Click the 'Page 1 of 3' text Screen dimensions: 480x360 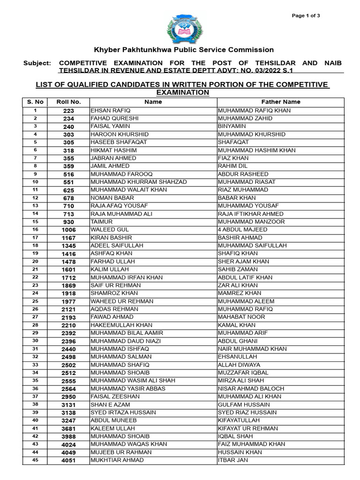click(306, 16)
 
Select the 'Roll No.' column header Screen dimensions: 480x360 click(69, 102)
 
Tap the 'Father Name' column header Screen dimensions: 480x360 click(281, 102)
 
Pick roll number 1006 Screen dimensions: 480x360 click(69, 230)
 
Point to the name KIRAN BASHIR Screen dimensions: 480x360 click(108, 238)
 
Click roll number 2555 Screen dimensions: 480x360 click(69, 381)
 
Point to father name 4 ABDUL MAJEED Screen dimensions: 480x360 click(243, 230)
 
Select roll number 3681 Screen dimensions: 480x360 click(69, 428)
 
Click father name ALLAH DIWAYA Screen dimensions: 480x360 click(239, 365)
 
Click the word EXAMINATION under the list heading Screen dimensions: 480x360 click(182, 92)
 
